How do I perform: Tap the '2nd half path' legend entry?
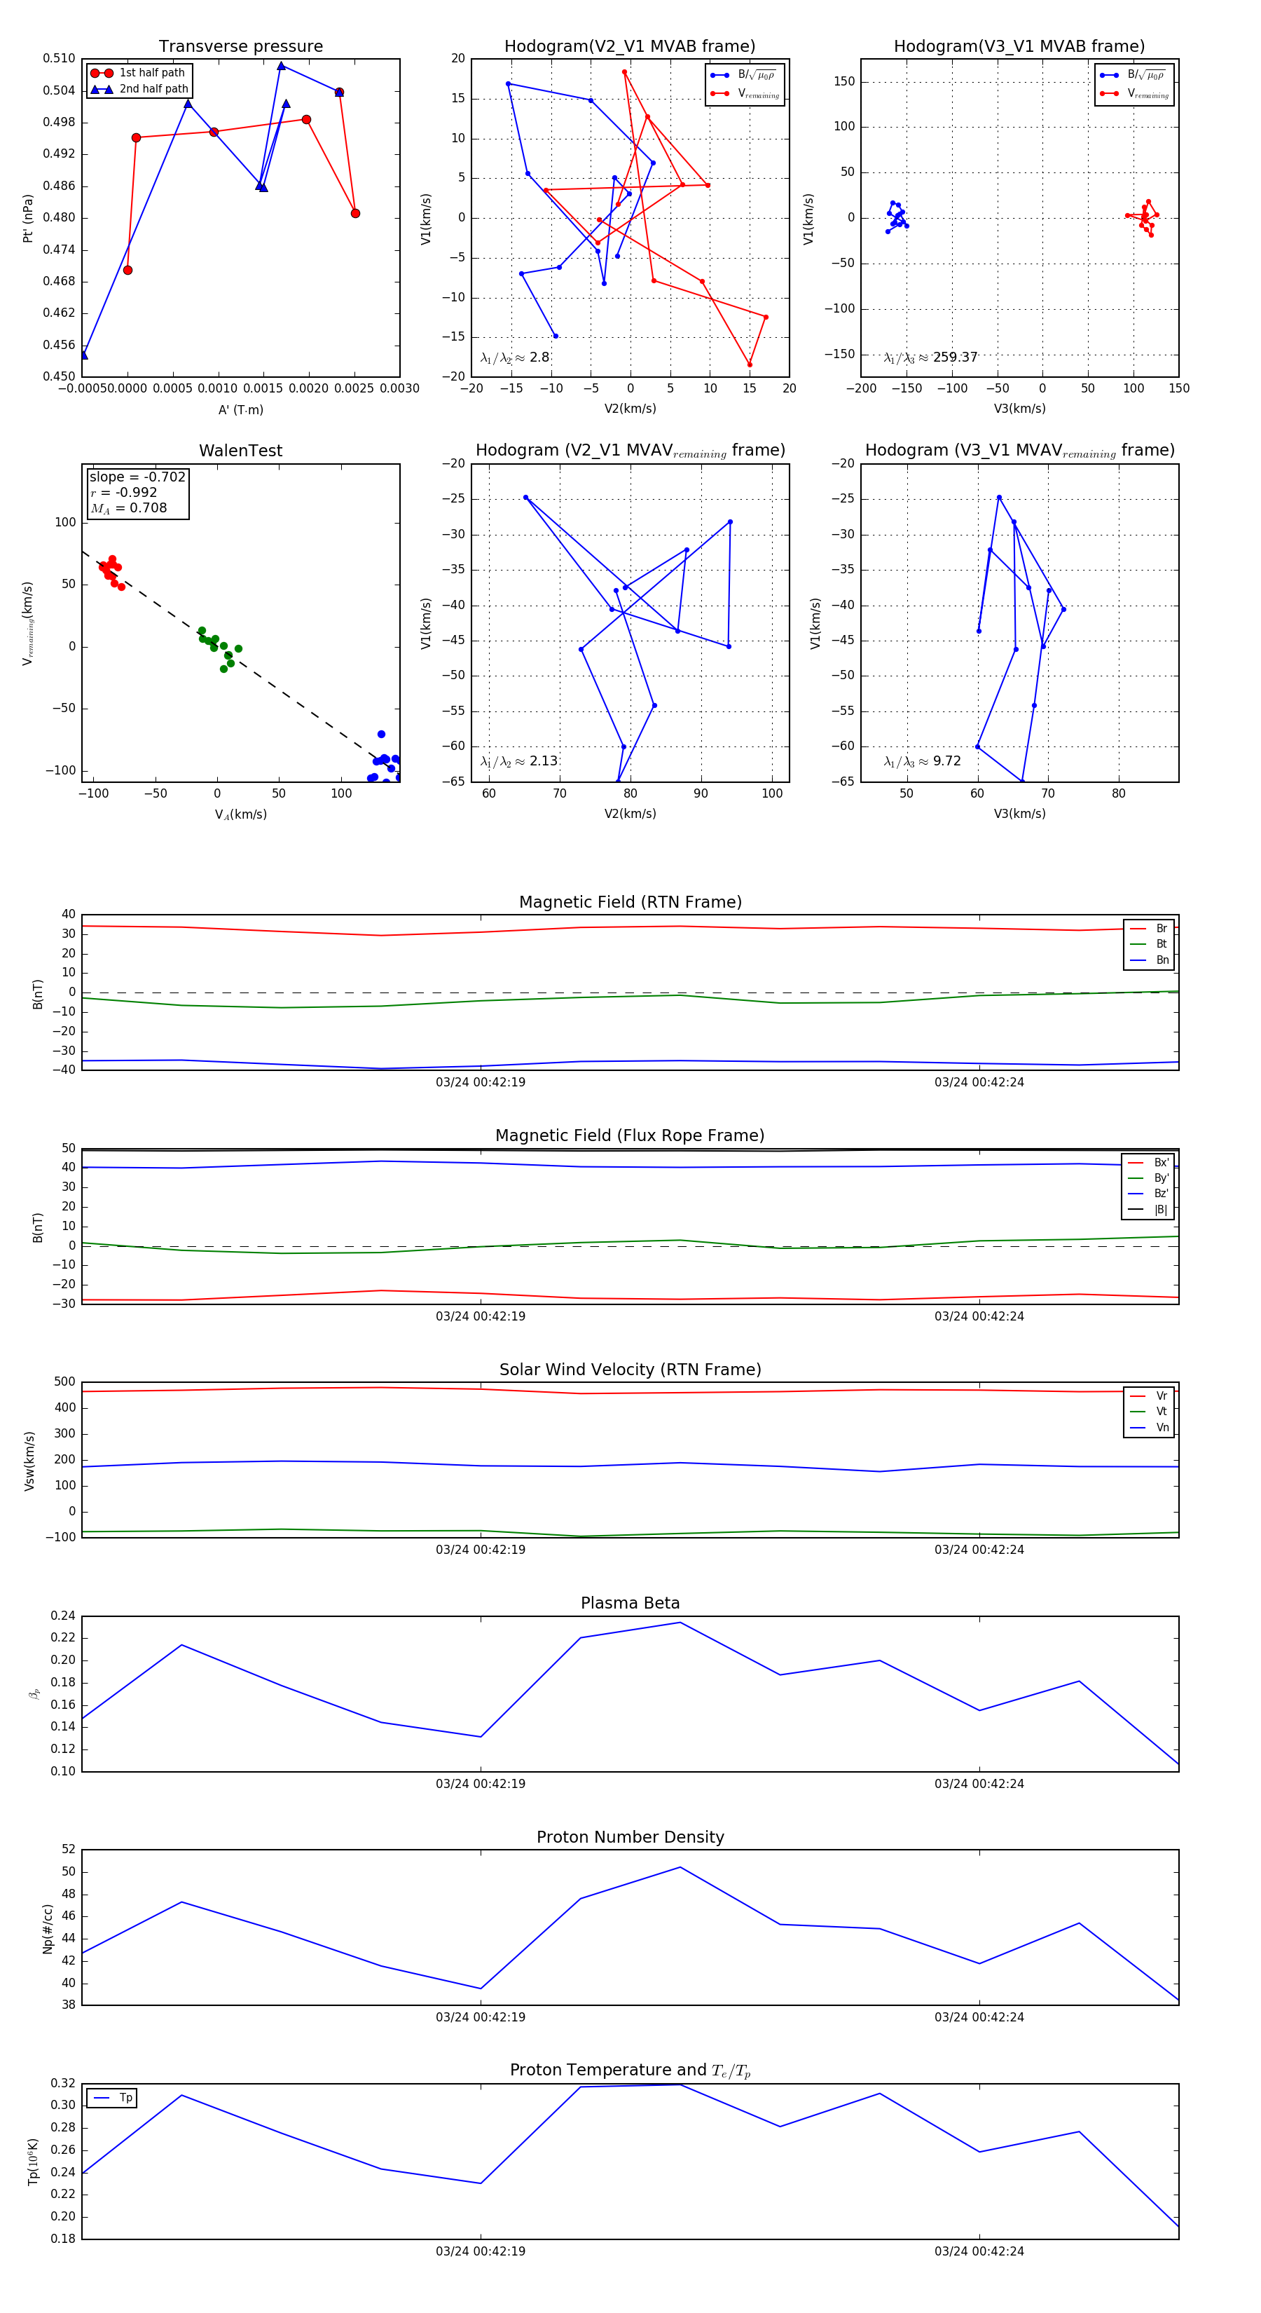(x=153, y=89)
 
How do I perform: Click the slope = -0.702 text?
(x=137, y=477)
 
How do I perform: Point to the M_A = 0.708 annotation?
(x=128, y=508)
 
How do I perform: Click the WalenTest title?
(x=240, y=451)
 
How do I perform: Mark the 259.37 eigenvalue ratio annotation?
(x=954, y=357)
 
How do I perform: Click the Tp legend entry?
(x=125, y=2098)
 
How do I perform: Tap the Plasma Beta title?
(x=630, y=1603)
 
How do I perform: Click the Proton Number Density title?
(x=630, y=1837)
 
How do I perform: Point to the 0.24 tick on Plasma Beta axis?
(x=63, y=1616)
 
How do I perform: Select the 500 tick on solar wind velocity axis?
(x=64, y=1382)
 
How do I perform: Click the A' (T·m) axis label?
(x=240, y=409)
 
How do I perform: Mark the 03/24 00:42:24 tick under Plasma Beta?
(x=978, y=1783)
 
